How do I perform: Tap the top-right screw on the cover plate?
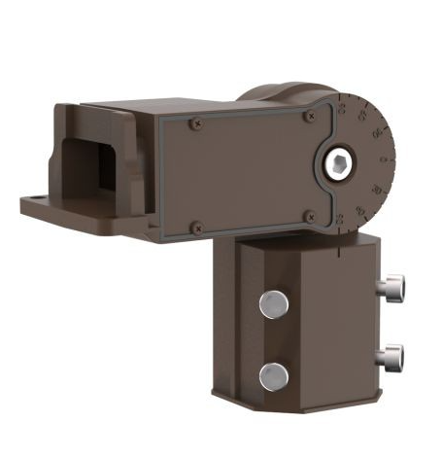310,117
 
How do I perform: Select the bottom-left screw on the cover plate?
196,228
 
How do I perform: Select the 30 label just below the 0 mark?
385,183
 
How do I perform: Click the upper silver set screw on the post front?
273,305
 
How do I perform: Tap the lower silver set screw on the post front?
274,375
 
